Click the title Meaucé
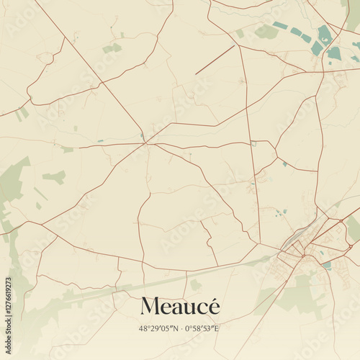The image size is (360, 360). [180, 306]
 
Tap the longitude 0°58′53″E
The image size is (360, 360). [207, 328]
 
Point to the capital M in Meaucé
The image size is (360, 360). [150, 307]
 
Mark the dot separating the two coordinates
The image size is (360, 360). [179, 328]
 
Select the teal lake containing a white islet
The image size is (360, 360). [325, 34]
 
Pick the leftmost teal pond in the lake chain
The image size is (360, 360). [280, 26]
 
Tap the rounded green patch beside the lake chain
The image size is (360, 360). [266, 32]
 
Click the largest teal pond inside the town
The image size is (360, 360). [327, 265]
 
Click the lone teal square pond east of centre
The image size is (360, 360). [284, 164]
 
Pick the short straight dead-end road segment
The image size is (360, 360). [215, 60]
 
